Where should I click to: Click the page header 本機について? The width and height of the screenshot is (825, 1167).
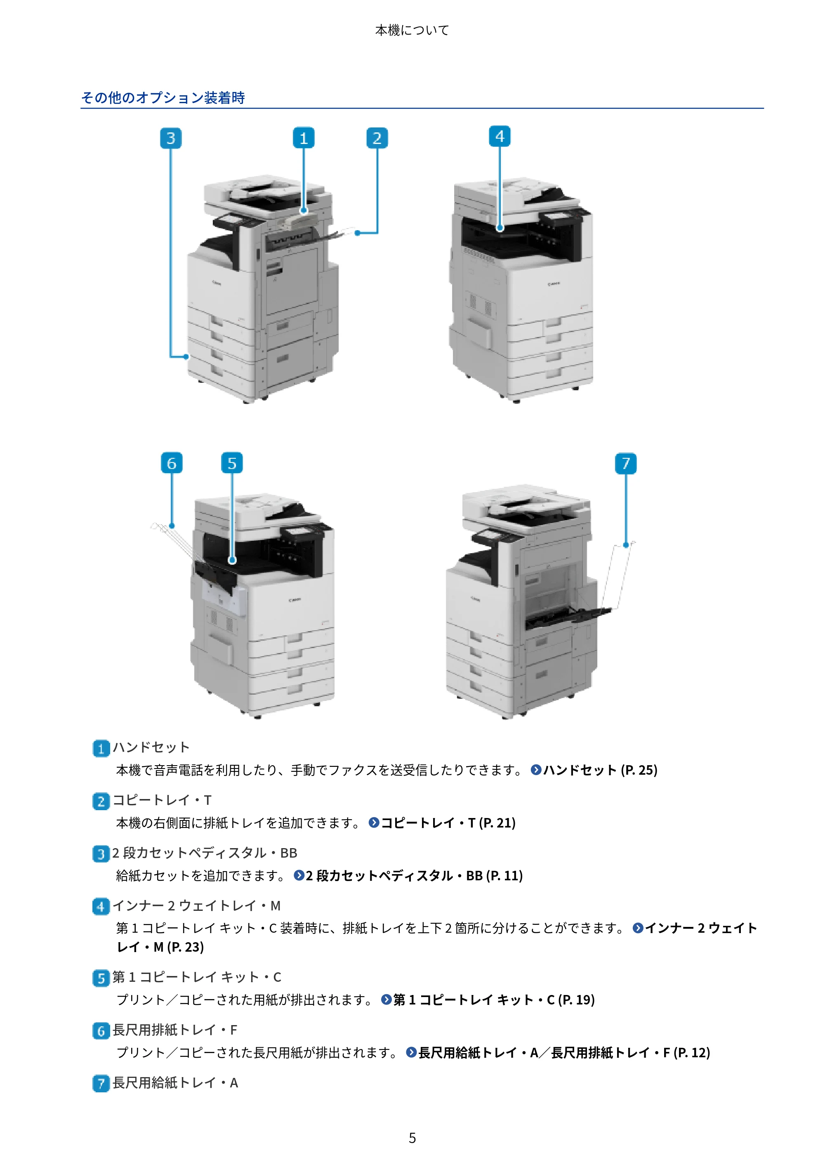412,31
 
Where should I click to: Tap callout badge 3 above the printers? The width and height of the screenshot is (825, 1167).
171,138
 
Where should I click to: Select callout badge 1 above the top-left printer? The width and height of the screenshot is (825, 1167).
304,138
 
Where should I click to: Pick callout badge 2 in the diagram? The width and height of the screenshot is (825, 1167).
377,138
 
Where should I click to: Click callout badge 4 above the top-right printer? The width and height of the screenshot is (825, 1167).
500,136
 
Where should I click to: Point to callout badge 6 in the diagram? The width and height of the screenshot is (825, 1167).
172,463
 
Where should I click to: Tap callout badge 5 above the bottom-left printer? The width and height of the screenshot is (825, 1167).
232,463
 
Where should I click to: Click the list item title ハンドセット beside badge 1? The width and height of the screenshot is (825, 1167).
151,747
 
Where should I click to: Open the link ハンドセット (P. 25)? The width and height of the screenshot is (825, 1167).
600,770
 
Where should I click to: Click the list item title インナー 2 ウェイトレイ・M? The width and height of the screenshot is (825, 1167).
197,906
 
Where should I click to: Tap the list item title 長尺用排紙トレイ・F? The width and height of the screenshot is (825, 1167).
175,1030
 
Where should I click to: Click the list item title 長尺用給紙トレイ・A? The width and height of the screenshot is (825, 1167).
175,1082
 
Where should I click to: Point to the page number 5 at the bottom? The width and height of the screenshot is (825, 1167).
412,1138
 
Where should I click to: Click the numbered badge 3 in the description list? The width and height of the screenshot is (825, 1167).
101,854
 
